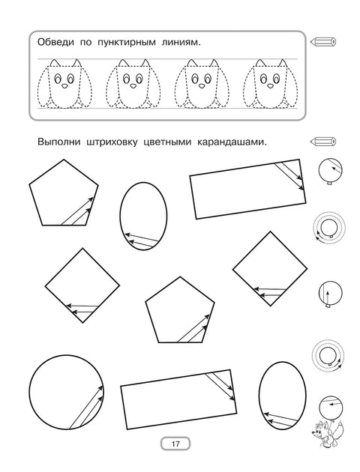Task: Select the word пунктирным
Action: (125, 43)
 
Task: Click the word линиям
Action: (180, 43)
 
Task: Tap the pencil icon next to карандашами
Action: (323, 140)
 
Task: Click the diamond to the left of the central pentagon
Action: (82, 284)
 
